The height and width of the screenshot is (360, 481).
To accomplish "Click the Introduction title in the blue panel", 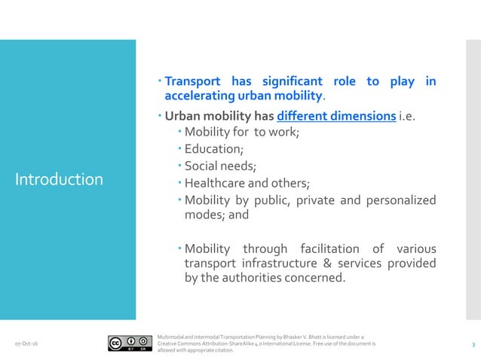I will [x=59, y=179].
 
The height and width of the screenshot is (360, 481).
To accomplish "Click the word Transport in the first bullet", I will [x=193, y=81].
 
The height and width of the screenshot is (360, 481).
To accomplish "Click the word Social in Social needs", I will [x=202, y=166].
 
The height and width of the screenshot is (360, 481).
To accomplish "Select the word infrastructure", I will [x=274, y=263].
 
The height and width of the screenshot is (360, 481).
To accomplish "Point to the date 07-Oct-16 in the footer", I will [x=27, y=344].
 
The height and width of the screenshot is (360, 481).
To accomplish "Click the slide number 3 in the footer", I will [x=472, y=344].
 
